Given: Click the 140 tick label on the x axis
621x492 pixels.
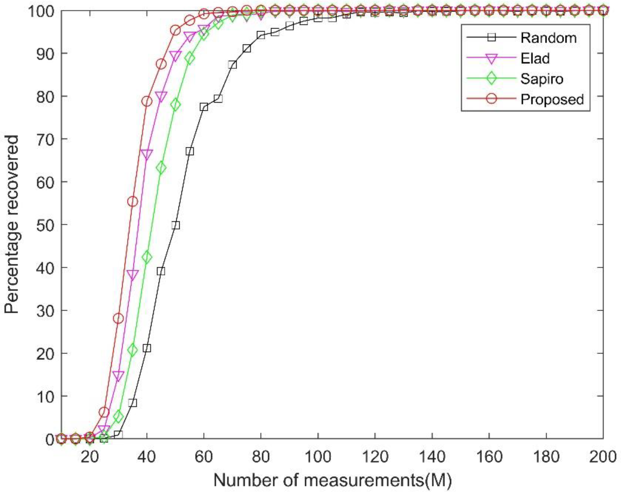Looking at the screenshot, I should [x=432, y=457].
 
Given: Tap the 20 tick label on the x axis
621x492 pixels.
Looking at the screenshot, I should [x=90, y=457].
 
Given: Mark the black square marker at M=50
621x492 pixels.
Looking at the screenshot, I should [x=176, y=225].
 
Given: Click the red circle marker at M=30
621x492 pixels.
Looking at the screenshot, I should [x=118, y=319].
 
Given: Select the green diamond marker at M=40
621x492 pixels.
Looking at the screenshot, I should [x=147, y=257].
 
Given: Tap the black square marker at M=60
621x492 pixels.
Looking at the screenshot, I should [x=204, y=107].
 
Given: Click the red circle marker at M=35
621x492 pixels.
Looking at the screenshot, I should [x=132, y=202].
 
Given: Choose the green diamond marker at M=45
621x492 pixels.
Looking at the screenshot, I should [x=161, y=168].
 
